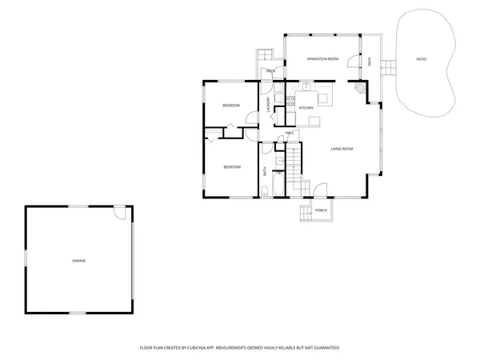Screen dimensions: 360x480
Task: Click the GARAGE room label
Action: (78, 261)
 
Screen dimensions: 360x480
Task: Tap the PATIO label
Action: (421, 59)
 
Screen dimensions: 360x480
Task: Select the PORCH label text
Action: (321, 210)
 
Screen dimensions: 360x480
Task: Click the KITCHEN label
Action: (306, 107)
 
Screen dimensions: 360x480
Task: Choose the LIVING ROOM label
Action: (342, 149)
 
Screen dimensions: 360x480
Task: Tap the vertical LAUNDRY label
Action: (269, 105)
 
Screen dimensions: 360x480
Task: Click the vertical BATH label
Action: (266, 170)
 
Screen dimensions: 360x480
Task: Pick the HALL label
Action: (289, 133)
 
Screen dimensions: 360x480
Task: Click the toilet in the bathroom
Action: (265, 190)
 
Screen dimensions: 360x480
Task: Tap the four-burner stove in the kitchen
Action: (279, 101)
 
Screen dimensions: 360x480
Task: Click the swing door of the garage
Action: (119, 212)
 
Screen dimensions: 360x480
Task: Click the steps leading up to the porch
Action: (304, 214)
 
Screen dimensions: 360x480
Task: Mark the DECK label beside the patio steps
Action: (370, 61)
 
